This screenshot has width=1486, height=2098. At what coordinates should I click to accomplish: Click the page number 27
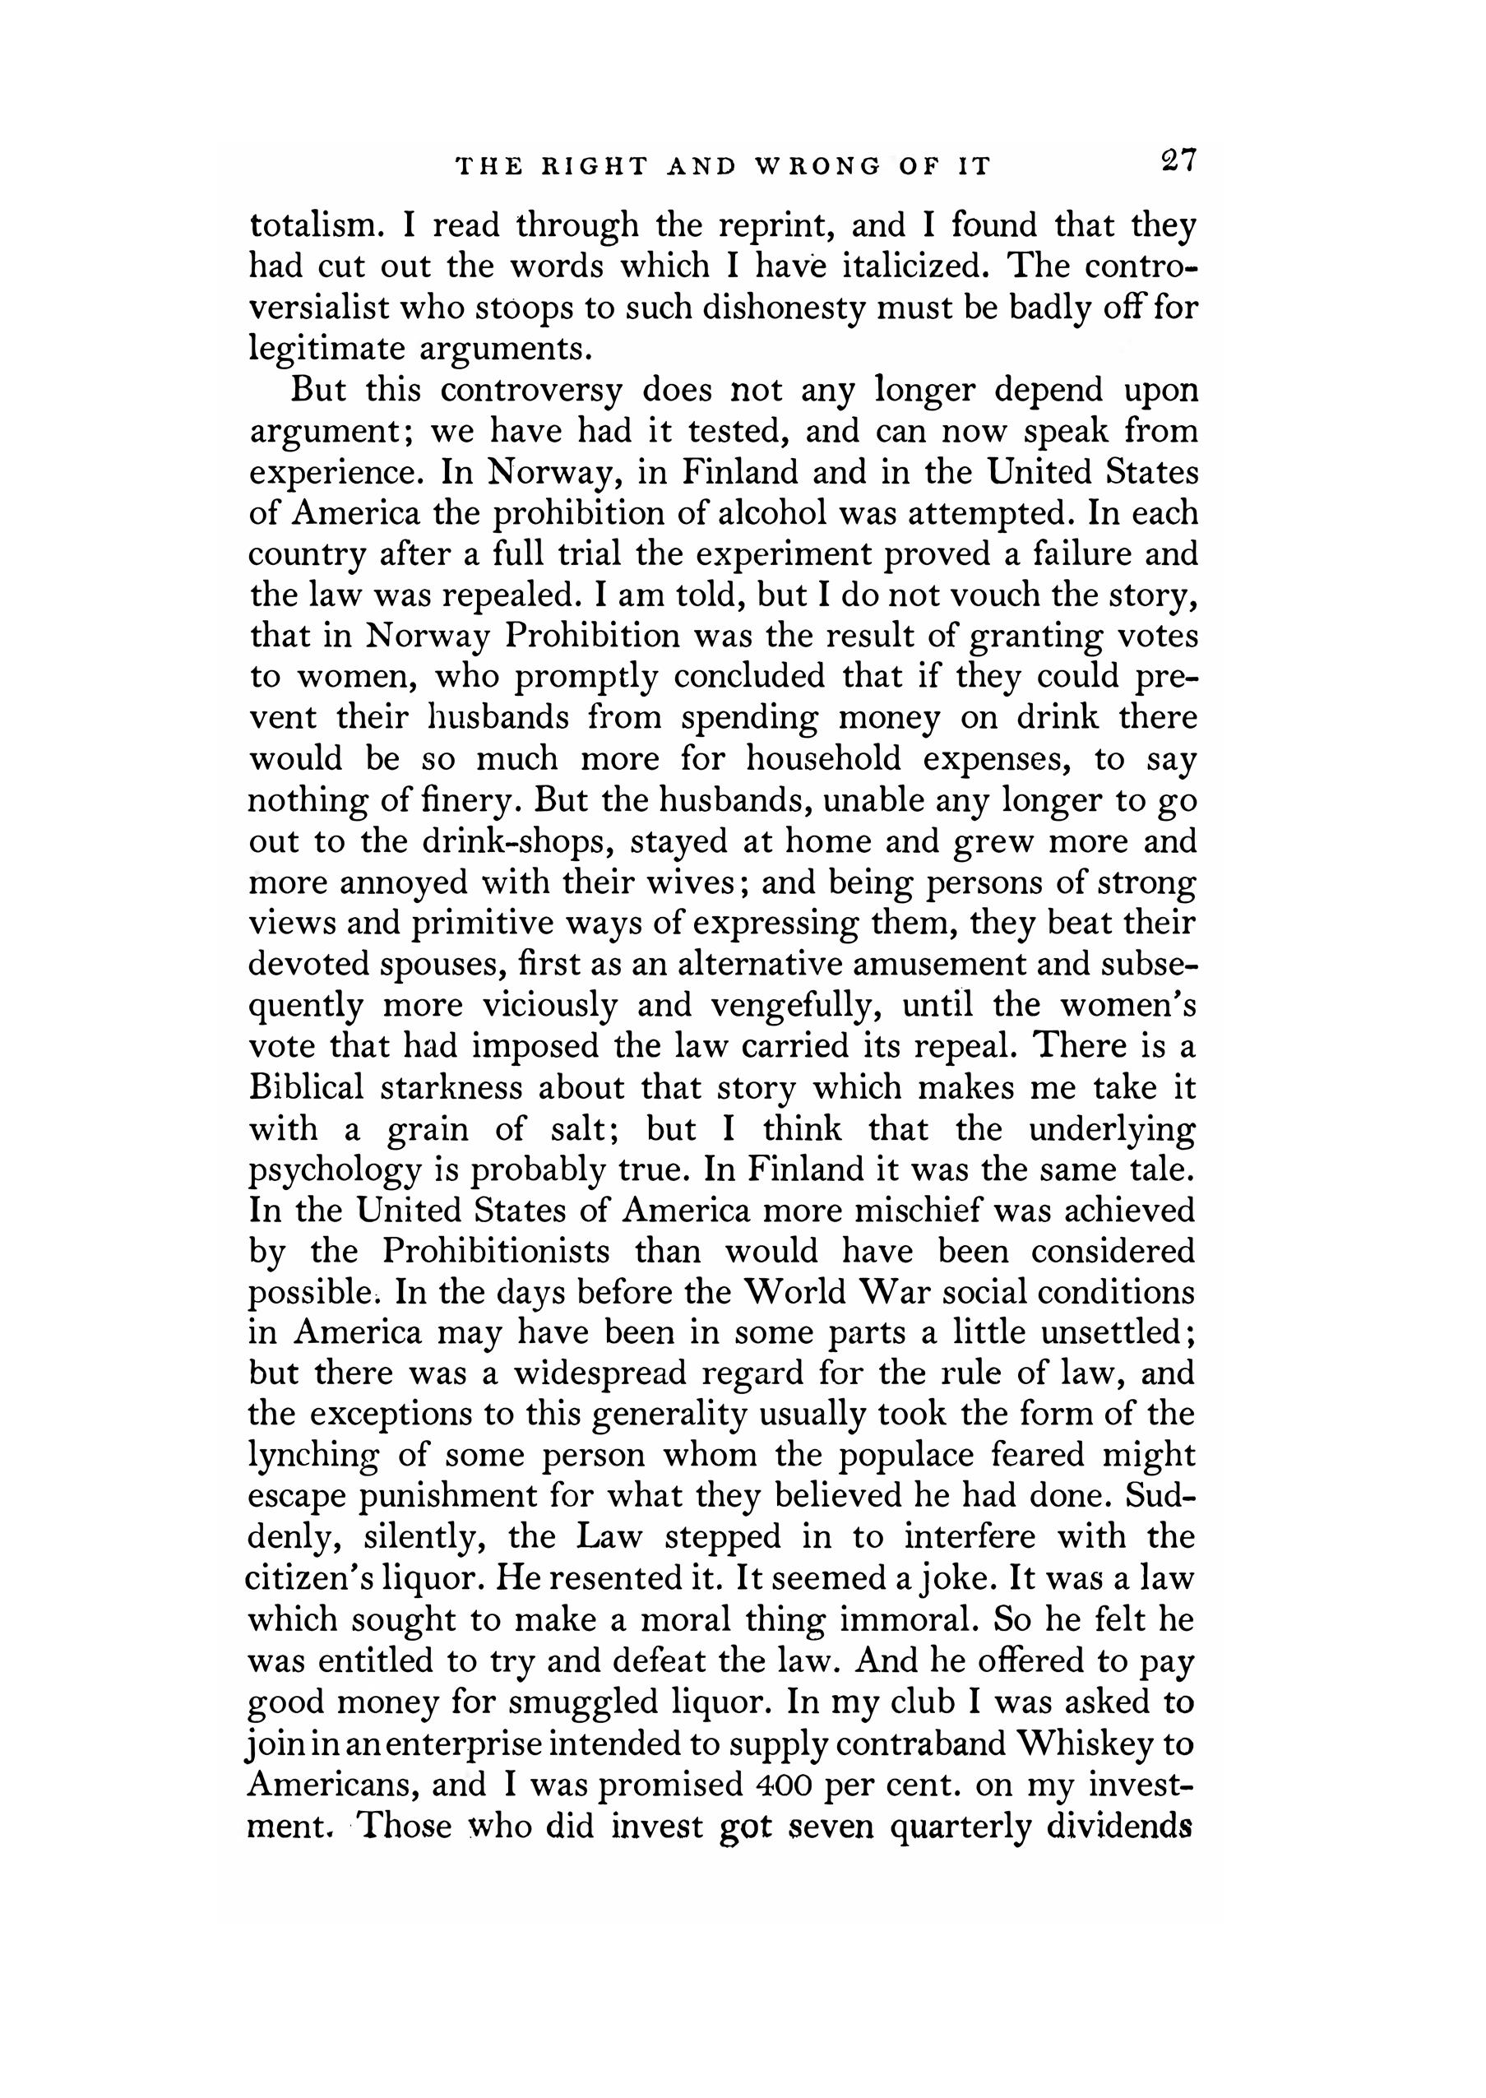click(1177, 161)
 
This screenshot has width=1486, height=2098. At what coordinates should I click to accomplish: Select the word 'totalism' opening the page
click(311, 225)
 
